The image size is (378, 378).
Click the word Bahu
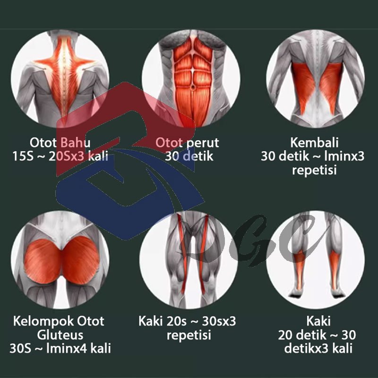click(77, 143)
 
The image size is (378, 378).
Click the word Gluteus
click(60, 335)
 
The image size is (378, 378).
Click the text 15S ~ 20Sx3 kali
click(60, 156)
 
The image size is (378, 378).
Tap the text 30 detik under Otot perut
click(189, 156)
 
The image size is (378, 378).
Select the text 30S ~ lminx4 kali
click(60, 349)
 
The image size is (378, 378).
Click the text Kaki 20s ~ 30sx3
click(187, 322)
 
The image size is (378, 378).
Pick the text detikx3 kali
click(316, 349)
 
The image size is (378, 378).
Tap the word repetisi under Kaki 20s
click(189, 335)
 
